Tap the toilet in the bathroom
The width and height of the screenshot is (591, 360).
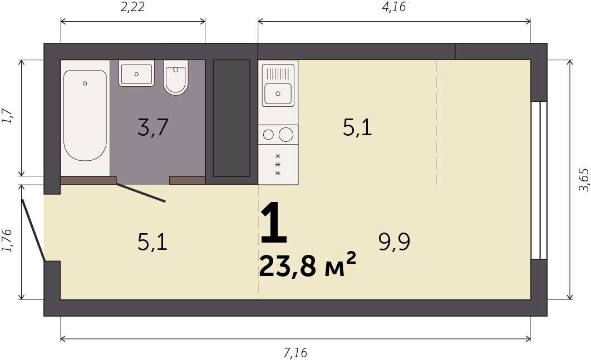coord(176,77)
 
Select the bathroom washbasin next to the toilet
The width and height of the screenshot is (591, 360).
coord(136,73)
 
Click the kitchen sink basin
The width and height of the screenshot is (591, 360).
coord(278,93)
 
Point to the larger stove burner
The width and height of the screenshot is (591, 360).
coord(286,135)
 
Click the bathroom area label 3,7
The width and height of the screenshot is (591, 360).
coord(152,127)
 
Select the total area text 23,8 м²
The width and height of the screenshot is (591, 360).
coord(307,265)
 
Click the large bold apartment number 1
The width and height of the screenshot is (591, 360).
coord(274,223)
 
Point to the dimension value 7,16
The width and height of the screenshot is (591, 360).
coord(295,353)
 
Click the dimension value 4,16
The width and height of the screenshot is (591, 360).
coord(394,7)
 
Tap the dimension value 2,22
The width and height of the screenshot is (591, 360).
coord(132,7)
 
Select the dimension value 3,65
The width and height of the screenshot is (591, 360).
coord(583,179)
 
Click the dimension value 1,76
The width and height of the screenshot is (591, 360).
coord(7,240)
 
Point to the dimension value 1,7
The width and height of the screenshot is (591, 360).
coord(7,116)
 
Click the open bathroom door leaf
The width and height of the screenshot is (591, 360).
coord(141,193)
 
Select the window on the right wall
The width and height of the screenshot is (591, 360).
coord(539,180)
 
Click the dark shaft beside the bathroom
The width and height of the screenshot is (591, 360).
coord(232,118)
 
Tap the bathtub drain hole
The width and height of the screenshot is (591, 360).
coord(85,83)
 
